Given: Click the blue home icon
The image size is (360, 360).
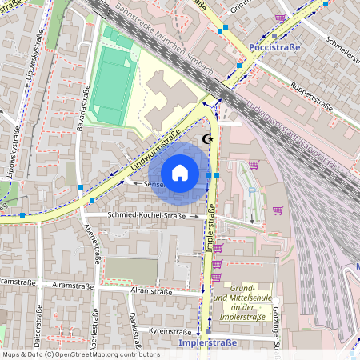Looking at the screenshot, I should tap(180, 172).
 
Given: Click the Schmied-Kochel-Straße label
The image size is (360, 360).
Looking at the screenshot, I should tap(136, 216).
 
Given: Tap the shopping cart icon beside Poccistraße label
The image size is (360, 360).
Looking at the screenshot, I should tap(280, 18).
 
